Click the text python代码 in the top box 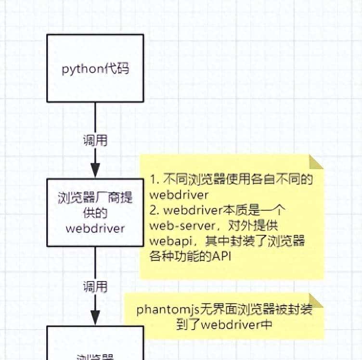95,68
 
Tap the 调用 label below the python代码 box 95,141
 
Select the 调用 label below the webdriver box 95,287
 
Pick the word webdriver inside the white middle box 95,227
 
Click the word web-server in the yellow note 175,226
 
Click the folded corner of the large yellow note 316,162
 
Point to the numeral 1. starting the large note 155,180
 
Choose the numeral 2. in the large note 155,210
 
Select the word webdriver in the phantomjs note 225,324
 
